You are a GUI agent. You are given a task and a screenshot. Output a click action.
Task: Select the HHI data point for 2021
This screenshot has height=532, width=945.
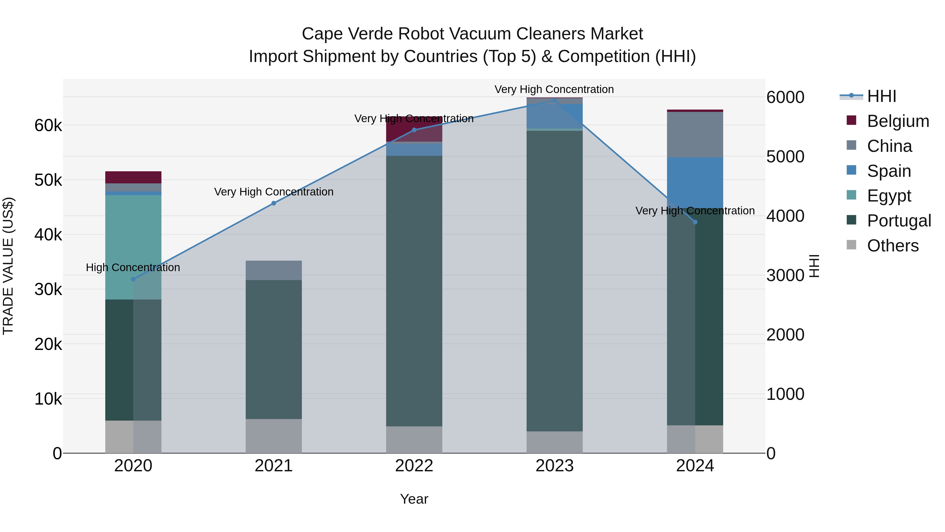(274, 203)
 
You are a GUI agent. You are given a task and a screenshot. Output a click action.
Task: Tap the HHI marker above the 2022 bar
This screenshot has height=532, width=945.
(414, 130)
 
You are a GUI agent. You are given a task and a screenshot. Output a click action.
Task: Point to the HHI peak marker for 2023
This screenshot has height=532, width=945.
(554, 100)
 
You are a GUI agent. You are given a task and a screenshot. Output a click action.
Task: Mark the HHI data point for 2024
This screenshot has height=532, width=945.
(695, 222)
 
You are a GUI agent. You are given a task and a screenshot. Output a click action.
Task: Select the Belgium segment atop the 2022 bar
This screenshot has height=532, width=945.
(414, 128)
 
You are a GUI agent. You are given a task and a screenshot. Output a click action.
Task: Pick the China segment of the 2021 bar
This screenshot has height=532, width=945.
(274, 270)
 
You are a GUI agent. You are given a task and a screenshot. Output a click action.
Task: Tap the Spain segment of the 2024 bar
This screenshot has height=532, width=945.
(695, 183)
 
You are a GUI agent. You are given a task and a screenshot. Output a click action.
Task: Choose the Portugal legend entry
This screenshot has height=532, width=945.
(899, 221)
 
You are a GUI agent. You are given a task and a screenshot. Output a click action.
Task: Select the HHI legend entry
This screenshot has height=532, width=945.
(881, 96)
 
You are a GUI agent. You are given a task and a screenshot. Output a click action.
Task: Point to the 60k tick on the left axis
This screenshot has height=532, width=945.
(48, 126)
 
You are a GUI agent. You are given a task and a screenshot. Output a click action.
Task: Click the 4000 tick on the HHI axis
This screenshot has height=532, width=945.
(785, 216)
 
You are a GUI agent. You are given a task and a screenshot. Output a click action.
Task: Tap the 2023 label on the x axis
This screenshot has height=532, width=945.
(554, 466)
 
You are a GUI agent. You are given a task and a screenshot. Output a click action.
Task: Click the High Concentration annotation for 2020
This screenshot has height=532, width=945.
(133, 267)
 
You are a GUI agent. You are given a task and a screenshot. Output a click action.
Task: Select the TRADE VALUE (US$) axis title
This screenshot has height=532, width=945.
(8, 266)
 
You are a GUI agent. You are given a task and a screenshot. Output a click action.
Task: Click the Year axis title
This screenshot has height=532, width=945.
(414, 499)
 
